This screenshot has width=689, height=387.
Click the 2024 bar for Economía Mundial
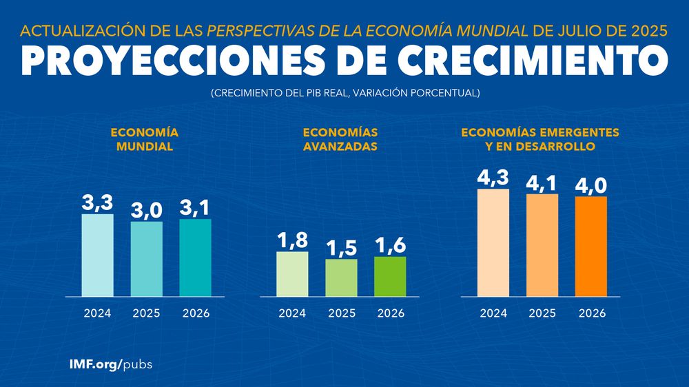pyautogui.click(x=98, y=255)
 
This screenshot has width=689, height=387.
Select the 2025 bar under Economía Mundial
pyautogui.click(x=147, y=259)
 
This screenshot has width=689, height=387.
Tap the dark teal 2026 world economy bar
pyautogui.click(x=196, y=258)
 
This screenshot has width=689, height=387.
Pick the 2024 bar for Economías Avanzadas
pyautogui.click(x=292, y=274)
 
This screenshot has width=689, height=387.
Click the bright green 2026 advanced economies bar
pyautogui.click(x=390, y=277)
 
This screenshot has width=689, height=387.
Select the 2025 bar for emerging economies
pyautogui.click(x=542, y=245)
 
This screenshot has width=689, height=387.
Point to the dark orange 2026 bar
pyautogui.click(x=591, y=247)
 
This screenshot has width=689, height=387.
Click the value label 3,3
pyautogui.click(x=98, y=203)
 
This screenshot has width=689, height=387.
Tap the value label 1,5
pyautogui.click(x=341, y=248)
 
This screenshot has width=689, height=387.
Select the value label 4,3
pyautogui.click(x=493, y=178)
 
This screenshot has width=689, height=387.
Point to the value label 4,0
pyautogui.click(x=591, y=186)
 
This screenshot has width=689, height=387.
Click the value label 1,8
pyautogui.click(x=292, y=240)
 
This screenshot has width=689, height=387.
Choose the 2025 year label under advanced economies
pyautogui.click(x=341, y=313)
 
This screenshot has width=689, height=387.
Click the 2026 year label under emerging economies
pyautogui.click(x=591, y=313)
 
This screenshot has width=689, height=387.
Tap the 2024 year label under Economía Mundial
pyautogui.click(x=98, y=313)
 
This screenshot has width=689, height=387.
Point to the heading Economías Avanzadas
pyautogui.click(x=341, y=139)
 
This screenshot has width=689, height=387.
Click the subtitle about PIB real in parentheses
pyautogui.click(x=344, y=92)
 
